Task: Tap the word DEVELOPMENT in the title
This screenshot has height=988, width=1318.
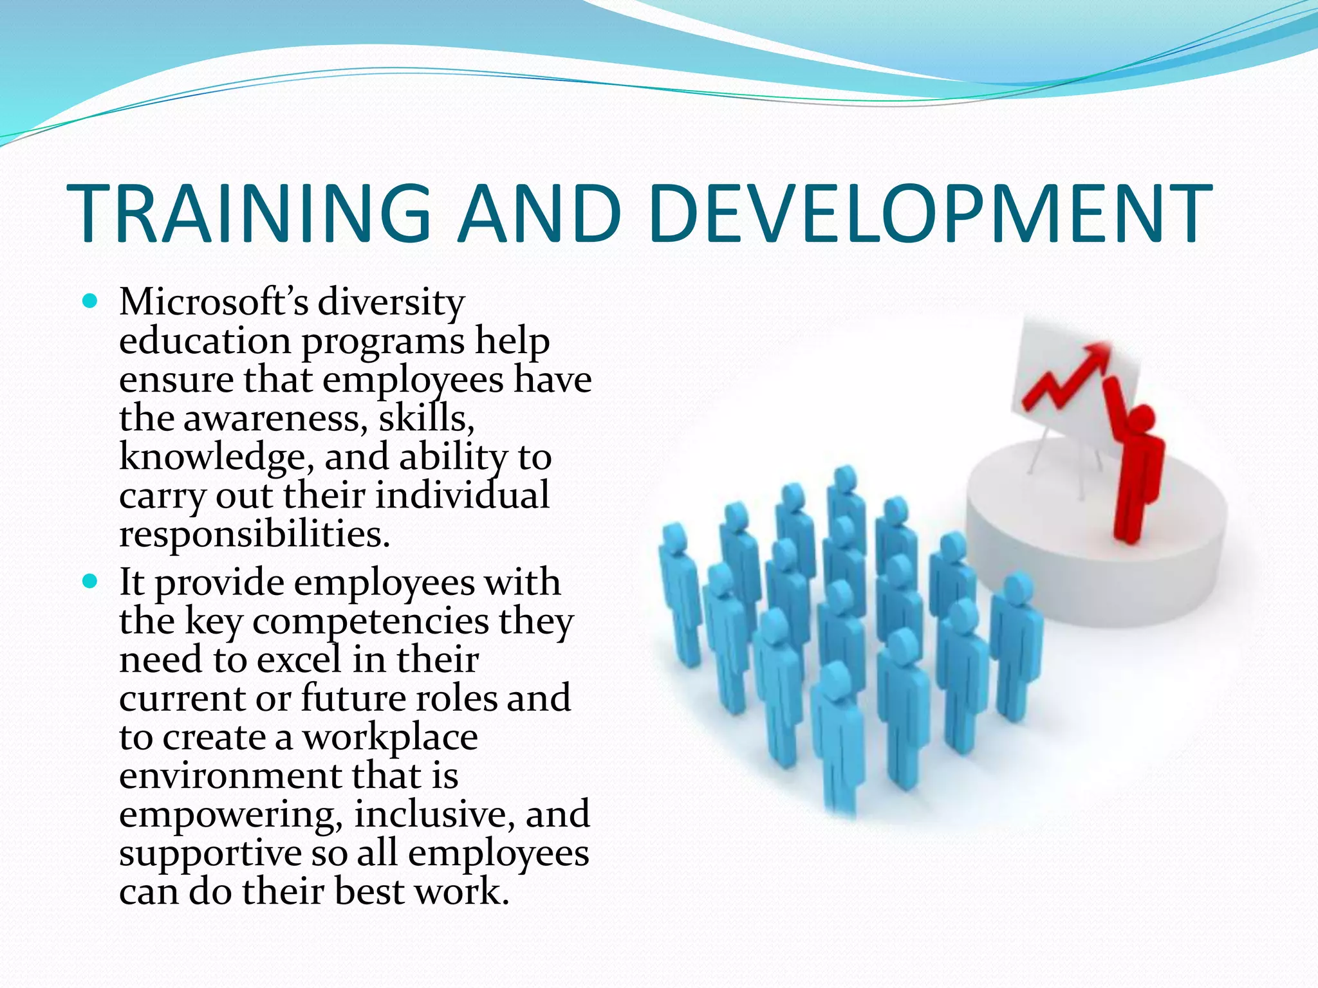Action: (930, 214)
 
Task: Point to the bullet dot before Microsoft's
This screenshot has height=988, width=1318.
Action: (90, 300)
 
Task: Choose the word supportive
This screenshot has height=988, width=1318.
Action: (210, 854)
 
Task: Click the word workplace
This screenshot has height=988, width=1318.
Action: (390, 738)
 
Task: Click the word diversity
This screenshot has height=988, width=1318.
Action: (391, 302)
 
